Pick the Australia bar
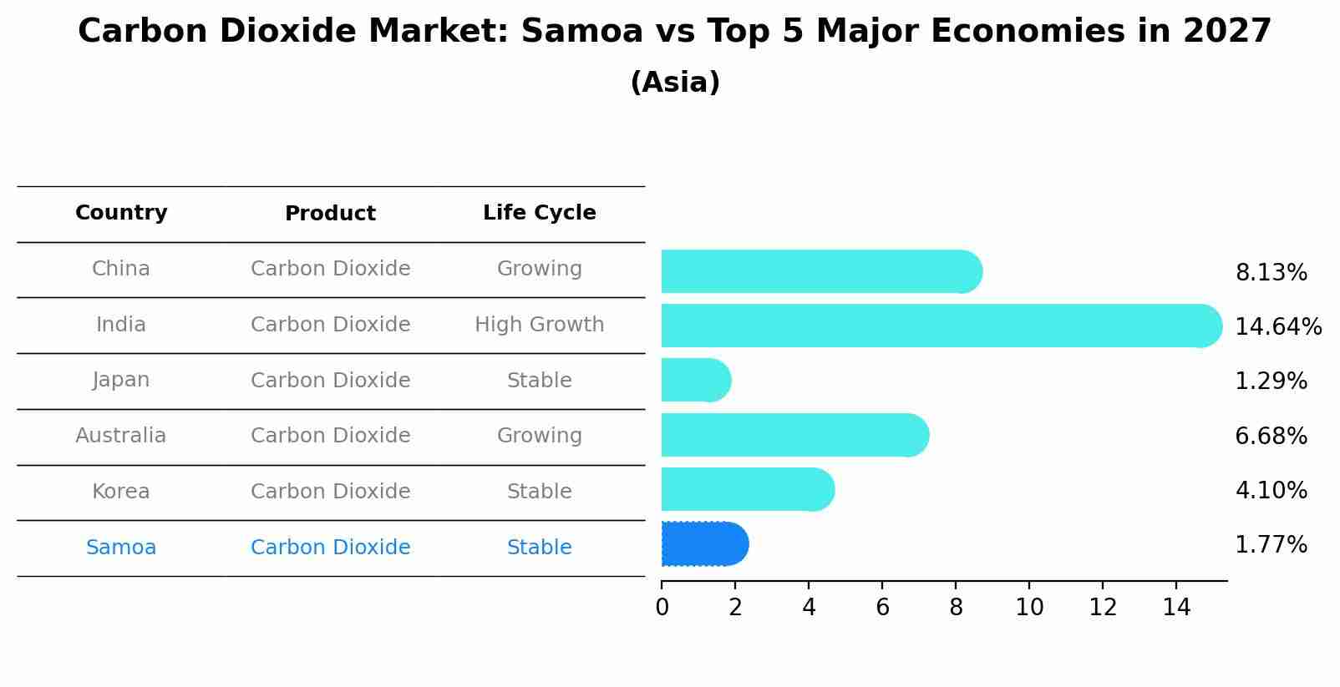point(794,435)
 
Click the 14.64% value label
point(1277,326)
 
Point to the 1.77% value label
point(1271,545)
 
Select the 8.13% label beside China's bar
point(1271,272)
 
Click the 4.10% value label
point(1271,490)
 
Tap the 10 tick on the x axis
point(1029,608)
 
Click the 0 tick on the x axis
point(662,608)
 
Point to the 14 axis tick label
point(1176,608)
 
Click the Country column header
point(121,213)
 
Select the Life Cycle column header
point(539,213)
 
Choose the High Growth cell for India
point(539,325)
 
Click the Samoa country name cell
point(121,548)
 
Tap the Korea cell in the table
point(121,492)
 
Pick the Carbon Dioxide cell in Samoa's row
point(330,548)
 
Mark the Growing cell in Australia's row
point(539,436)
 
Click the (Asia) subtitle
point(674,83)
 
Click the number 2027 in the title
point(1226,32)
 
